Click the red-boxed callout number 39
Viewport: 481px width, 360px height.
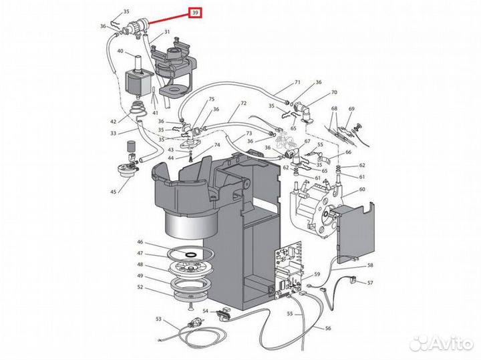pos(196,13)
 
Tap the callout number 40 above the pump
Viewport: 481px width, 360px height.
pos(120,51)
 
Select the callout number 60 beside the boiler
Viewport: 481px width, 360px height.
pos(362,189)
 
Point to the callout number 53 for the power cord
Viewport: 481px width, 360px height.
pos(158,319)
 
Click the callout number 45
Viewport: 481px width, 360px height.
pos(113,192)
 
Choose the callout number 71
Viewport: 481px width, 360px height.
pos(297,82)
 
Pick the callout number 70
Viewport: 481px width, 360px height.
pos(334,92)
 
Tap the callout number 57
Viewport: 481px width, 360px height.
pos(370,283)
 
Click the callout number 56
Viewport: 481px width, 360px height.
pos(328,328)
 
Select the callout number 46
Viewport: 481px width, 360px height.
pos(140,242)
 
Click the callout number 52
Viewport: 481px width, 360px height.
pos(140,287)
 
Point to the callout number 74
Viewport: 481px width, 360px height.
pos(217,145)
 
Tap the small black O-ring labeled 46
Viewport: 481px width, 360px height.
pos(192,254)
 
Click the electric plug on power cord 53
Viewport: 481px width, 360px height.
pos(192,323)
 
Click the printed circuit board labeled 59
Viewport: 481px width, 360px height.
pos(288,270)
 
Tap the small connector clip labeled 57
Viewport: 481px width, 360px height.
pos(353,281)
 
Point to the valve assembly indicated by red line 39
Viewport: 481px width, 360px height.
pos(135,27)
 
